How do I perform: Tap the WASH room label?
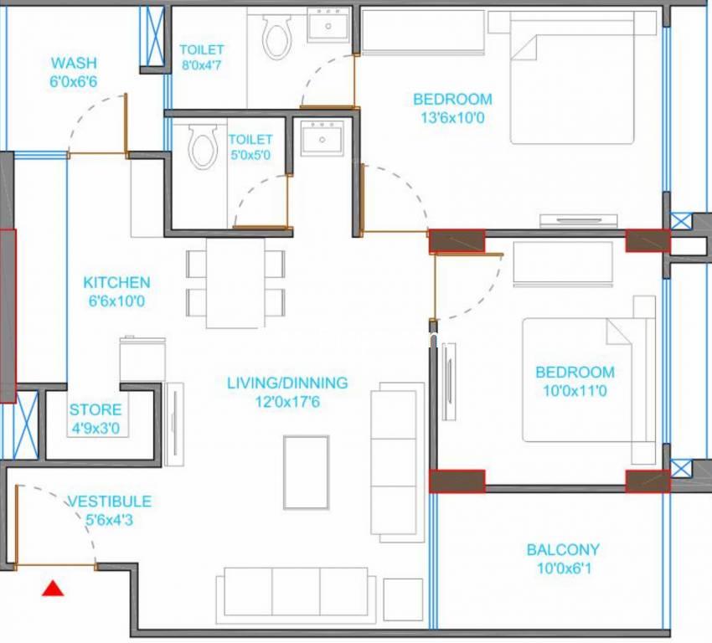pos(74,63)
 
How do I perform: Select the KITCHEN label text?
pos(116,283)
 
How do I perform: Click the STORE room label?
pos(95,409)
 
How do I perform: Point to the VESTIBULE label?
pos(110,502)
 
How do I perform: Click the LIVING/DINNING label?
pos(287,383)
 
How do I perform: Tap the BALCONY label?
pos(563,550)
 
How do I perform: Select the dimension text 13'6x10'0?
pos(452,118)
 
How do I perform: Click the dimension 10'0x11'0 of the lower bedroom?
pos(575,391)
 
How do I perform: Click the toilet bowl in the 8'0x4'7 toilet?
pos(277,36)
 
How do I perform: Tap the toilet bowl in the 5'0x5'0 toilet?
pos(203,147)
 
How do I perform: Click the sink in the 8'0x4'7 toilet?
pos(328,25)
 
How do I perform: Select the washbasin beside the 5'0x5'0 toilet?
pos(322,138)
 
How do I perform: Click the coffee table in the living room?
pos(306,472)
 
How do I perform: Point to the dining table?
pos(235,283)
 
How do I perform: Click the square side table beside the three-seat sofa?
pos(403,599)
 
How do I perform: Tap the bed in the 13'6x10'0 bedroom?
pos(572,78)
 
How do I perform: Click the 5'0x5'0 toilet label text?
pos(250,147)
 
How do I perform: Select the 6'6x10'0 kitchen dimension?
pos(116,301)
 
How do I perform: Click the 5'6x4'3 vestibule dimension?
pos(110,520)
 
